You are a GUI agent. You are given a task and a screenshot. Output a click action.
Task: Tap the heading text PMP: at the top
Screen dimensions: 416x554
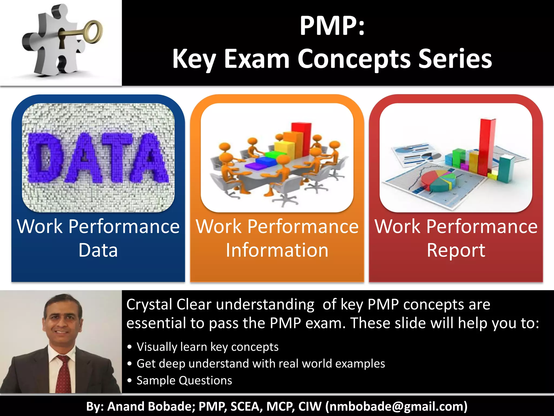332,26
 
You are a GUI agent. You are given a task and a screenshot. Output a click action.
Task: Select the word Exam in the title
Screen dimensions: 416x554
257,59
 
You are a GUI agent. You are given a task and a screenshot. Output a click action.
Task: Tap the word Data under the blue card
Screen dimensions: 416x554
98,250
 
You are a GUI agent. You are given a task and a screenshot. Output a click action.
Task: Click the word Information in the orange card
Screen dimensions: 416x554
277,250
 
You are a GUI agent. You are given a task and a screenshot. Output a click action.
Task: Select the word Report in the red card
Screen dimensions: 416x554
456,250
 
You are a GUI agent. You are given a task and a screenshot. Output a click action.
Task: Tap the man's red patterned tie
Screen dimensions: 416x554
63,375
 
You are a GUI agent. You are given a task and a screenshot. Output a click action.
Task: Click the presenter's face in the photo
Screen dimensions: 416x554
63,321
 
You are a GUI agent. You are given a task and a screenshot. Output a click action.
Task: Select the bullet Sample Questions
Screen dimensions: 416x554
184,381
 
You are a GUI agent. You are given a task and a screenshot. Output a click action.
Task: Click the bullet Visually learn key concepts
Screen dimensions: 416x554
207,347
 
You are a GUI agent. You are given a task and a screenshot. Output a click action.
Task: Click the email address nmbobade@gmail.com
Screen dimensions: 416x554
396,406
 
